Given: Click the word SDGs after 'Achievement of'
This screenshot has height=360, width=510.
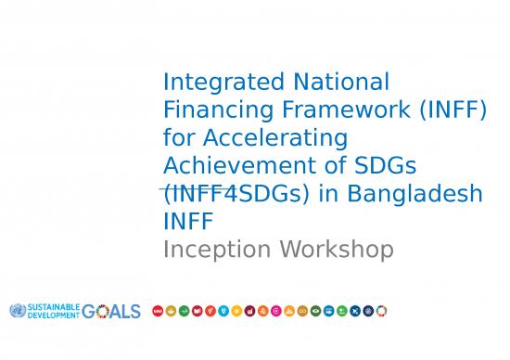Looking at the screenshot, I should pos(384,165).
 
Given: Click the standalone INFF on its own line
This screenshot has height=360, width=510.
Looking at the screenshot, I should pos(187,222).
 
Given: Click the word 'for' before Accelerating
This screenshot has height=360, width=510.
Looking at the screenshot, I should pos(178,138).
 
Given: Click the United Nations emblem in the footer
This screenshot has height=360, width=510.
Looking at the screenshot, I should pos(16,311).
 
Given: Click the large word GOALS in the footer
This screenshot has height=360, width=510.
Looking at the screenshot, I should pos(111,311).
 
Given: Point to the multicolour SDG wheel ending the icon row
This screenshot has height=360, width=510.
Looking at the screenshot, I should pos(381,311).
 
